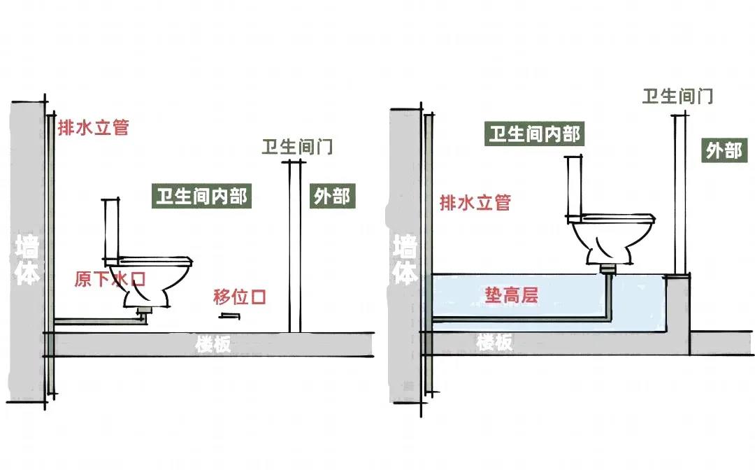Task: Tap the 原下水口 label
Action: [110, 280]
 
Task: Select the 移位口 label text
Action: [240, 297]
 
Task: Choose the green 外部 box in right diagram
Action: [723, 150]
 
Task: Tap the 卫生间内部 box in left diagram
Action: [201, 197]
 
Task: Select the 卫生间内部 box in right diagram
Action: [535, 134]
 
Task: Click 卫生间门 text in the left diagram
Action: [297, 148]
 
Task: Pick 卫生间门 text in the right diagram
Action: [677, 97]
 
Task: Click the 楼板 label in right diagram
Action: [495, 343]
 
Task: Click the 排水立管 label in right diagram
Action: [475, 203]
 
